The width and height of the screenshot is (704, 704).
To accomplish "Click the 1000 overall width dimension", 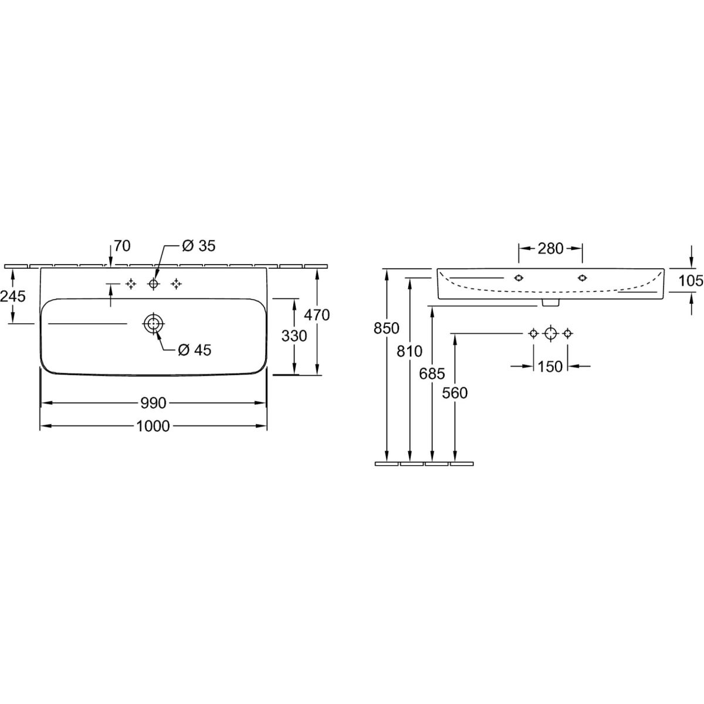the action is click(x=153, y=426).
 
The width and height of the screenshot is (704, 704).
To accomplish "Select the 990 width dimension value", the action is click(x=154, y=403).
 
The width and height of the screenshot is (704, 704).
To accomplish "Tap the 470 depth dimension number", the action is click(x=317, y=314).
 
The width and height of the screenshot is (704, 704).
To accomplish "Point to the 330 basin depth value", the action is click(x=294, y=336).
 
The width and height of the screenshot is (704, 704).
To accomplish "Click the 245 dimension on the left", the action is click(x=13, y=296).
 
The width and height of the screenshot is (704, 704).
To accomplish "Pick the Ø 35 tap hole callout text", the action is click(x=199, y=246).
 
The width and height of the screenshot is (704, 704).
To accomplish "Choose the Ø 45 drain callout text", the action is click(x=195, y=350).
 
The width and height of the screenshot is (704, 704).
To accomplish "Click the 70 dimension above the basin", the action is click(x=122, y=246).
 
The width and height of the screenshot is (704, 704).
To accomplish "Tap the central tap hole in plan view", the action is click(x=154, y=283).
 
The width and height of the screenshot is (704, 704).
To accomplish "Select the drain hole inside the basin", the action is click(x=154, y=324).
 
